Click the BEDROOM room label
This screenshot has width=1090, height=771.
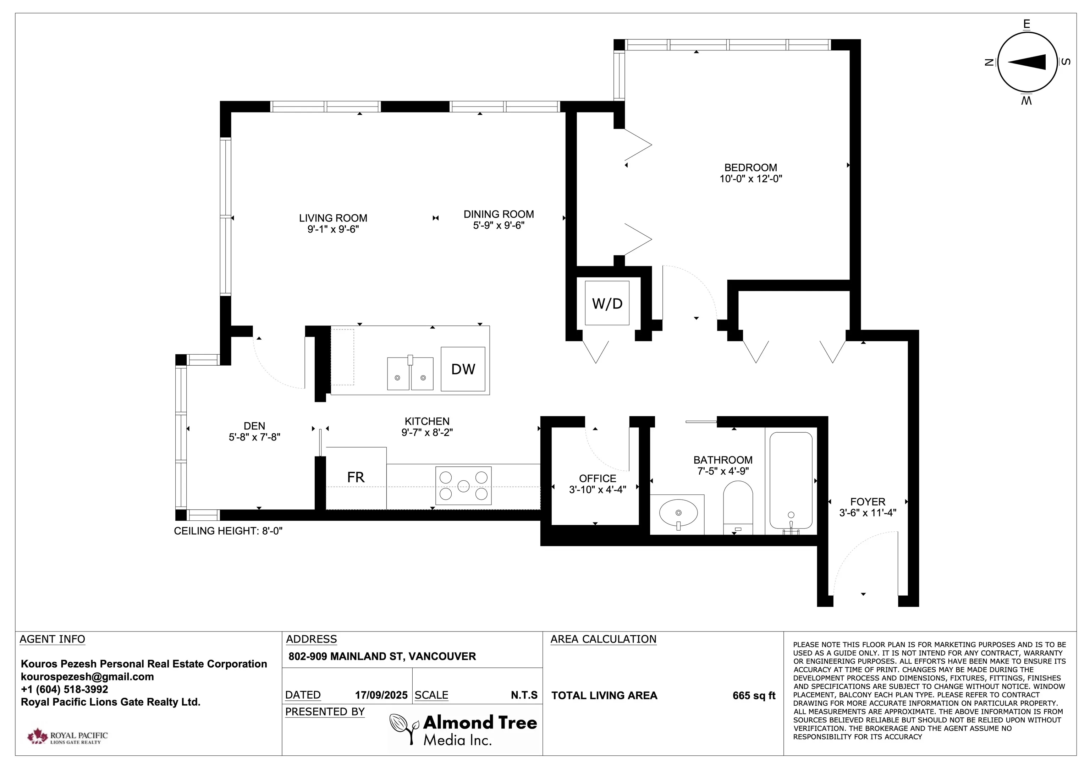click(750, 168)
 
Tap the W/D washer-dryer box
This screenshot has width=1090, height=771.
click(607, 303)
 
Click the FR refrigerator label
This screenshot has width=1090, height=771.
click(356, 477)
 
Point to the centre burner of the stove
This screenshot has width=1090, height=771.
click(463, 486)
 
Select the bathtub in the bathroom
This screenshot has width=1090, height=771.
click(791, 480)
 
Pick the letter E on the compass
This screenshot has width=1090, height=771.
click(1026, 24)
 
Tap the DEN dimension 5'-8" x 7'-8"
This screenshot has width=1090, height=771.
click(254, 437)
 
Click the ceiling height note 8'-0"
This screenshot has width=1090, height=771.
click(228, 531)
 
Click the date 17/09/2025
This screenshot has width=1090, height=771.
click(381, 695)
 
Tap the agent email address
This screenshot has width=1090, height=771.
click(87, 677)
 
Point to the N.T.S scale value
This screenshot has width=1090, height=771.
click(524, 695)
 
